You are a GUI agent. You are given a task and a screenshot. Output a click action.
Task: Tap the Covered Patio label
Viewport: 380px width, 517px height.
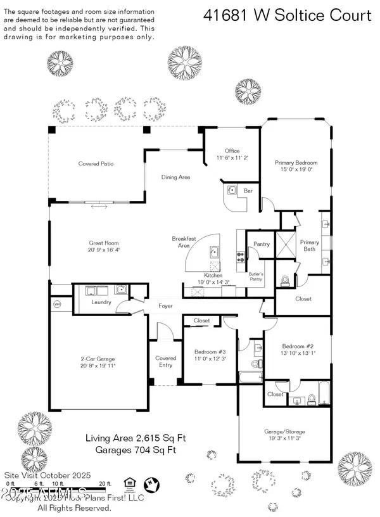point(96,163)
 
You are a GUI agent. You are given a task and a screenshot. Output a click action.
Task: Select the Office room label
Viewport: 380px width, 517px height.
point(232,151)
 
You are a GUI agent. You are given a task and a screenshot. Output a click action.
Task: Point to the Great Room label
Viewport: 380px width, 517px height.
point(104,243)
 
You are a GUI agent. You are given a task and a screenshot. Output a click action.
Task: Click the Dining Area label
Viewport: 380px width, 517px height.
point(175,177)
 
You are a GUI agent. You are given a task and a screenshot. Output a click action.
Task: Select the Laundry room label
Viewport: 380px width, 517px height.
point(101,302)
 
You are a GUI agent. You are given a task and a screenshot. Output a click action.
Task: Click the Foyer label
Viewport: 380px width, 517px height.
point(166,306)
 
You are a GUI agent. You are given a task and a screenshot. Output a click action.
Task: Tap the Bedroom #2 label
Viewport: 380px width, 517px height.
point(293,346)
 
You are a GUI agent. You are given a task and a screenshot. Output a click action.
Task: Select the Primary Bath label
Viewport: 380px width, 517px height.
point(310,245)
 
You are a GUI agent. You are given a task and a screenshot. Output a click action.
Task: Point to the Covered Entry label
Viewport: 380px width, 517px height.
point(166,361)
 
